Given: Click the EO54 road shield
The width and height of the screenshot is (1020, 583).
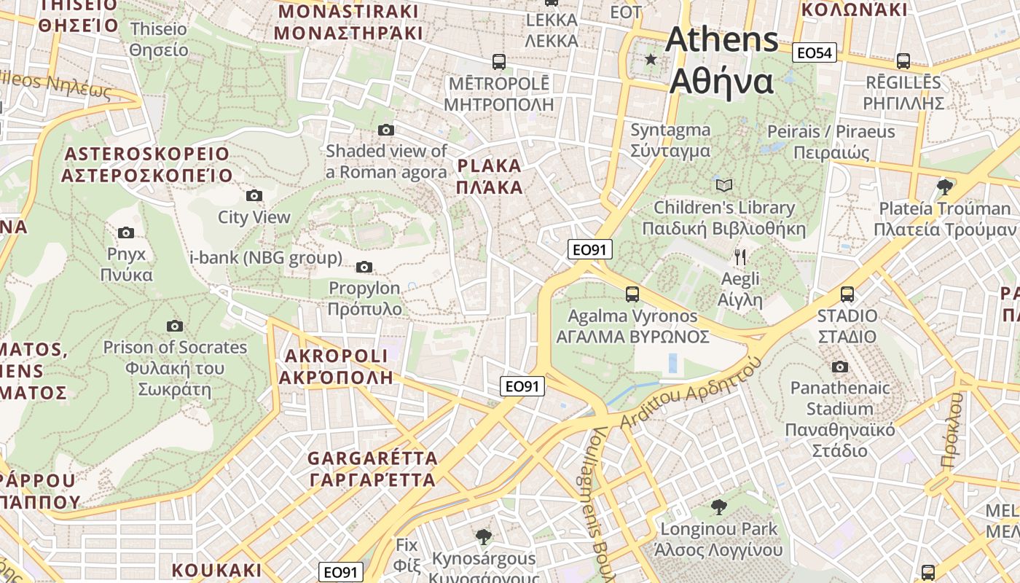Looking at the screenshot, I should [815, 52].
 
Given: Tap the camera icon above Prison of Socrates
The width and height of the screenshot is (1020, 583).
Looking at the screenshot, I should [175, 326].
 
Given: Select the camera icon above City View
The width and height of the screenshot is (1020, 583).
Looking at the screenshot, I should [254, 195].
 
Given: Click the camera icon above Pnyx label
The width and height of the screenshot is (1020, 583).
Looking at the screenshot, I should [126, 232].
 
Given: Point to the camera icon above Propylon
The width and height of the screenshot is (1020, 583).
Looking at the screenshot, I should [364, 267].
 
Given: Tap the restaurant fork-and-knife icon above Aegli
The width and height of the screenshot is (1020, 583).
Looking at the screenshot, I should [740, 257].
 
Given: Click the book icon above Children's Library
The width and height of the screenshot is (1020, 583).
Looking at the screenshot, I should [724, 186].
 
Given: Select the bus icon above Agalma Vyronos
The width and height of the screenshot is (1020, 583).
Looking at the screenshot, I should [632, 294].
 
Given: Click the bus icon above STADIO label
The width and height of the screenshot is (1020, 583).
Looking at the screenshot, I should [847, 294].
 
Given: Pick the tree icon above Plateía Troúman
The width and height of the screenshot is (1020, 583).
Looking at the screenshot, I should [945, 187].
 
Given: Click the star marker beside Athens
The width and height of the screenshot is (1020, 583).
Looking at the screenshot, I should [651, 59].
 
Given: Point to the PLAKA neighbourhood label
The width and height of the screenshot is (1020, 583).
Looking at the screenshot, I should [490, 176].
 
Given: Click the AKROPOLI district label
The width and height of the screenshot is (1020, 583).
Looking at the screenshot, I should [336, 367].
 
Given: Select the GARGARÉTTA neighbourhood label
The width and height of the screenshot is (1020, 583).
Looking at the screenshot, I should [372, 469].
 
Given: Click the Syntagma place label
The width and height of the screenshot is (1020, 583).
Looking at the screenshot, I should [670, 140].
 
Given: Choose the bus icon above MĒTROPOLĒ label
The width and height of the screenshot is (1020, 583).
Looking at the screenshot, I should [499, 61].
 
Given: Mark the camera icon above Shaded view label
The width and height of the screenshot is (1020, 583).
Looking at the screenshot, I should [386, 130].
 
